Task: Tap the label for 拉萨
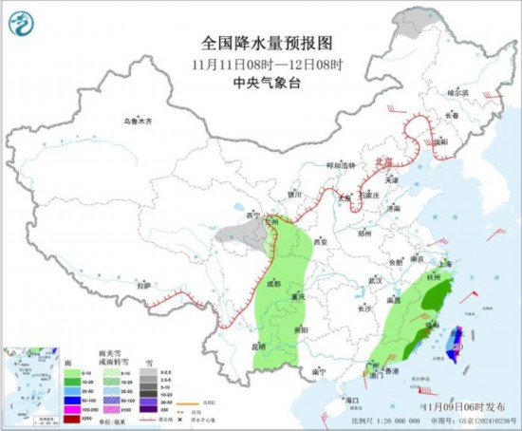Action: (143, 284)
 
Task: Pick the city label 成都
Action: (274, 282)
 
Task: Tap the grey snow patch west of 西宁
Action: (234, 234)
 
